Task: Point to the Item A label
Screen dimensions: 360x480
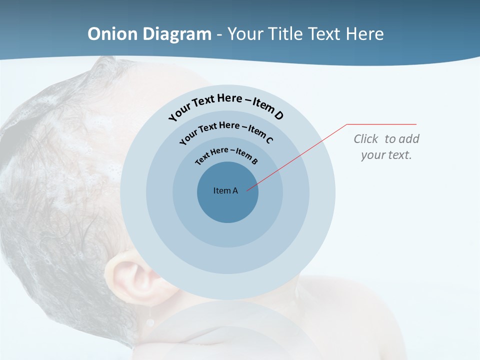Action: [225, 190]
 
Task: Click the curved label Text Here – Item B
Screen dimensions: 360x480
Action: [226, 154]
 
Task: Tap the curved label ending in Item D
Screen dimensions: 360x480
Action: [226, 104]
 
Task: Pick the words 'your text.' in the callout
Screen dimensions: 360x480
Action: [386, 155]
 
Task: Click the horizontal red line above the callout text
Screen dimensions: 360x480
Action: [382, 124]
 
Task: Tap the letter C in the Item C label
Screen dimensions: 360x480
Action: [268, 140]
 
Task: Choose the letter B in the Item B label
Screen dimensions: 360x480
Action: [255, 161]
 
